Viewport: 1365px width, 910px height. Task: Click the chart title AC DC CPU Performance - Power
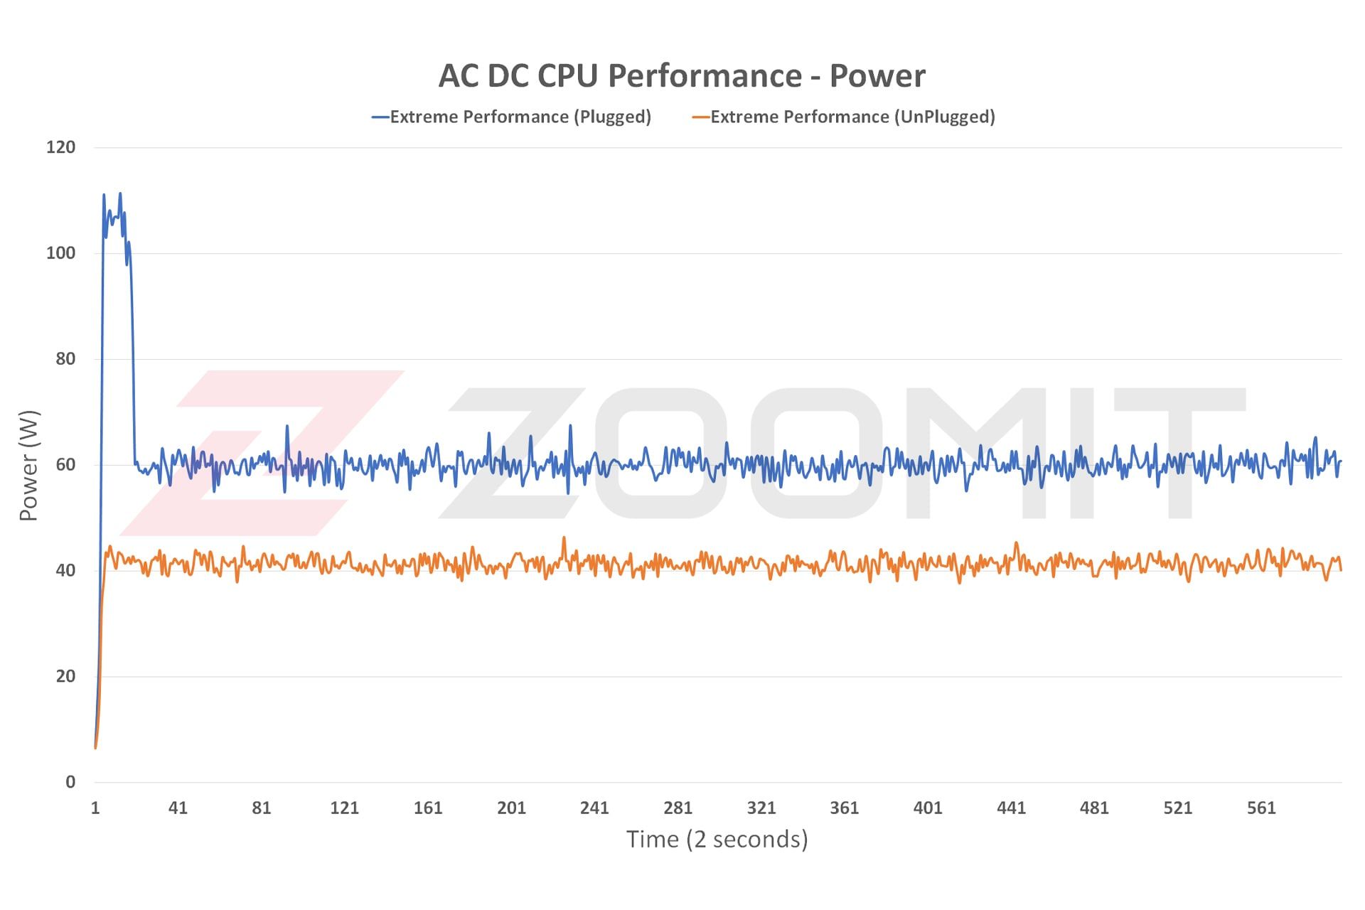point(682,76)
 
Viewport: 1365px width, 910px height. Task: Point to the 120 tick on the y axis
point(60,147)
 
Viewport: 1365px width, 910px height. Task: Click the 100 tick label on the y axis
point(60,253)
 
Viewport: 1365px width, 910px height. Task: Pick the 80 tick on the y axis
point(65,359)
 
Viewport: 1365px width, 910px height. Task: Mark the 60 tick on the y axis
point(65,465)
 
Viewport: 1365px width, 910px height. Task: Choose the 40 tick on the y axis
point(65,570)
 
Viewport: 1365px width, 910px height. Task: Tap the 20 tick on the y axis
point(65,676)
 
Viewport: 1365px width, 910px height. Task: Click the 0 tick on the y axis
point(70,782)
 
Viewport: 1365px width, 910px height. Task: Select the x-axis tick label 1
point(95,808)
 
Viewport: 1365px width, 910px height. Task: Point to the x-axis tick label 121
point(345,808)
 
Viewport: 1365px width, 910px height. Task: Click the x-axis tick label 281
point(678,808)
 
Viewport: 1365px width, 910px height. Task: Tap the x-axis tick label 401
point(928,808)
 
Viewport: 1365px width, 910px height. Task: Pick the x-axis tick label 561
point(1261,808)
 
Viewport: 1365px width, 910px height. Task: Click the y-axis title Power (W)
point(28,466)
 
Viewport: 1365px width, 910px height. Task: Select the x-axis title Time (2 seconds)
point(717,840)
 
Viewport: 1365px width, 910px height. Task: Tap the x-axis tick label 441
point(1011,808)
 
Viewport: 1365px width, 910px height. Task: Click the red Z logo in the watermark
point(263,452)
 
